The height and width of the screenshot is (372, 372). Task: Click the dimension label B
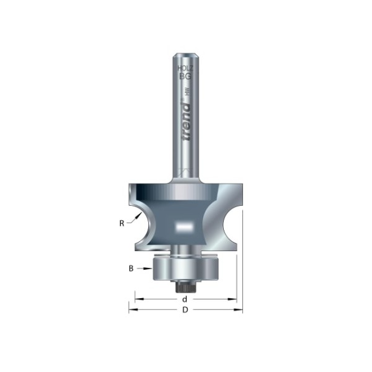[x=131, y=268]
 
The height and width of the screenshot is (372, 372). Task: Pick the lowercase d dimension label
[x=185, y=299]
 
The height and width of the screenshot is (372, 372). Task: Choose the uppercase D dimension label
[x=185, y=310]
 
